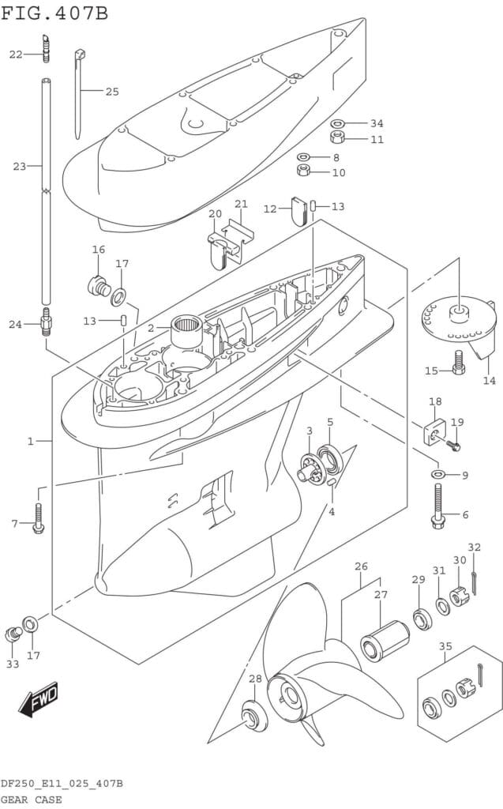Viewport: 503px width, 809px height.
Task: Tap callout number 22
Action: (x=17, y=54)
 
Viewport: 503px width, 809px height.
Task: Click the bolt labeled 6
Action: (x=437, y=506)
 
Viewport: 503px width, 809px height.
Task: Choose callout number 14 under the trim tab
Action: (x=489, y=380)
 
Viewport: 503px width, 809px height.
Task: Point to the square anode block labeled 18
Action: (x=432, y=432)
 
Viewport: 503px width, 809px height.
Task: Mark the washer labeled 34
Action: (x=337, y=123)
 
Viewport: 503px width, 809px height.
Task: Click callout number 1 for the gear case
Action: (x=31, y=441)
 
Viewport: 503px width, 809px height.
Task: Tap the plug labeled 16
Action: (x=98, y=284)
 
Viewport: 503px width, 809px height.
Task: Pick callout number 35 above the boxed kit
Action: (x=446, y=646)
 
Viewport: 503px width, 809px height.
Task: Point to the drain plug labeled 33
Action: (x=13, y=634)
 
